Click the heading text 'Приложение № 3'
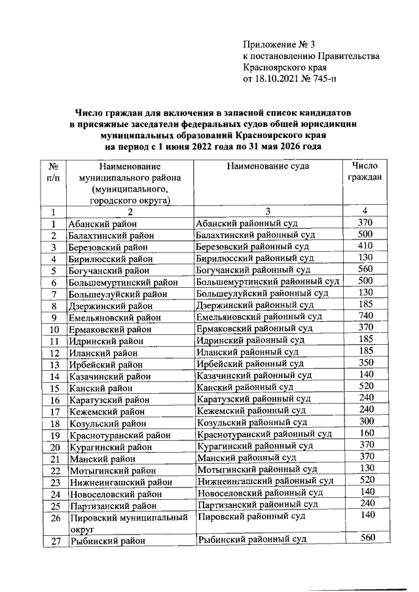pos(279,44)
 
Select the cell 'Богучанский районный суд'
pos(253,270)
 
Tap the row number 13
pos(55,364)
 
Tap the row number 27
pos(55,540)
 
